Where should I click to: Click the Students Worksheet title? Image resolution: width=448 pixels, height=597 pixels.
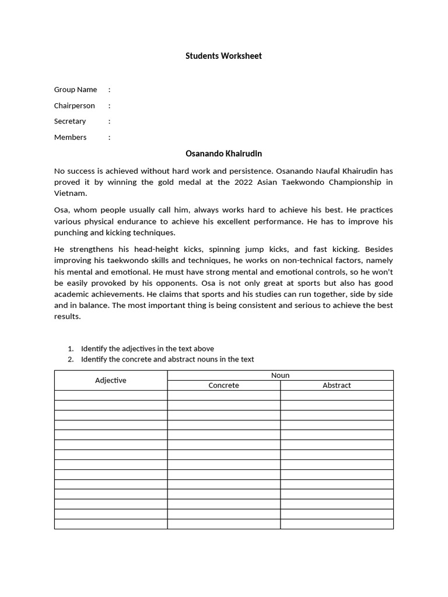223,56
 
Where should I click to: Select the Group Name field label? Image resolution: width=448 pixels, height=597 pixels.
75,90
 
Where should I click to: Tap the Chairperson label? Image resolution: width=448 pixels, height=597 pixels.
74,106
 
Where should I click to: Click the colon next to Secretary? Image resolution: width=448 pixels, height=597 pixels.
109,121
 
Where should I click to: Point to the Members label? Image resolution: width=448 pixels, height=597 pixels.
70,138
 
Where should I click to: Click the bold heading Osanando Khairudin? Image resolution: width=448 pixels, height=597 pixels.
223,154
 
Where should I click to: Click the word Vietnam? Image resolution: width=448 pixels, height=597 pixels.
69,193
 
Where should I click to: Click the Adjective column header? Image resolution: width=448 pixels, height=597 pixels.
110,380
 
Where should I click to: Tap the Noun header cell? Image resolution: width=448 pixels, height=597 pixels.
280,375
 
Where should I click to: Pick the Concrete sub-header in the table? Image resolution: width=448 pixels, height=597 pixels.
223,385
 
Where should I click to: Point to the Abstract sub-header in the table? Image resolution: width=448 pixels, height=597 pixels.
337,385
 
